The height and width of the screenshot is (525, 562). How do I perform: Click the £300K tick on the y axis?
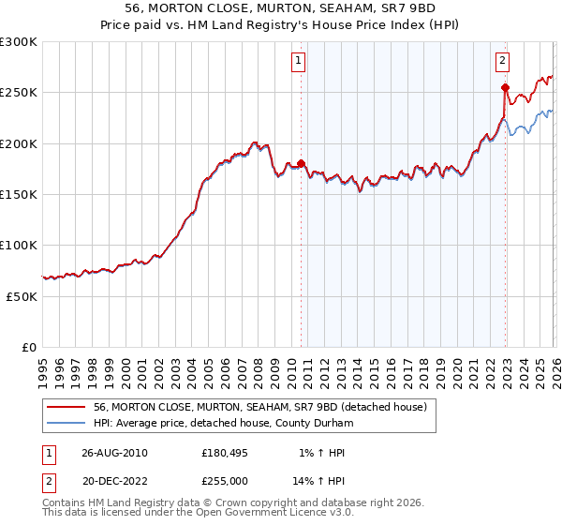click(19, 42)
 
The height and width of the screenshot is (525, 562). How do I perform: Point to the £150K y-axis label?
click(19, 194)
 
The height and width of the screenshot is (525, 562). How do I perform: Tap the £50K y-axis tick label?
click(22, 295)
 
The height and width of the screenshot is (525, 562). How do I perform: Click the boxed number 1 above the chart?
click(298, 61)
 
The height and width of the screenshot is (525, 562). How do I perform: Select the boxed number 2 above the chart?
click(502, 61)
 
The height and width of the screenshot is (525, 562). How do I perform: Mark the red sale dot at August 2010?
click(301, 163)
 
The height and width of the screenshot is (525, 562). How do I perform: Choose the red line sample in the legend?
click(67, 407)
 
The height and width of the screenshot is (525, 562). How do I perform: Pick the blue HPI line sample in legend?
click(67, 422)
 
